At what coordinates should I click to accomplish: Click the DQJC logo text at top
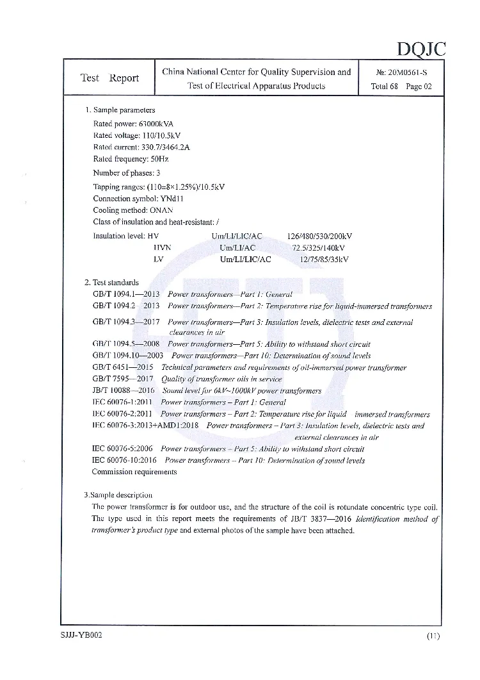420,48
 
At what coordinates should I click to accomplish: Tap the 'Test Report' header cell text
109,78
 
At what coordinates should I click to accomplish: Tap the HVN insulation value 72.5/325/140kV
318,247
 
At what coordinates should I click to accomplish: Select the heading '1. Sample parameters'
120,110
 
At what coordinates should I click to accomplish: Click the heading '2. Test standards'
111,282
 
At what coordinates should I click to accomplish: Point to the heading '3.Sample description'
118,495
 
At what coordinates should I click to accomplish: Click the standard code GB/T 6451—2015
123,367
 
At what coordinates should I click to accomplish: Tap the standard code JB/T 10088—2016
124,390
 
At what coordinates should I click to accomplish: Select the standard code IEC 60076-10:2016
125,460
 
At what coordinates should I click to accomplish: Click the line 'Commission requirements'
134,472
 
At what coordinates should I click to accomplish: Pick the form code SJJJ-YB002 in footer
77,635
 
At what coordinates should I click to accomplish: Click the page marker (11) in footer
433,636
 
